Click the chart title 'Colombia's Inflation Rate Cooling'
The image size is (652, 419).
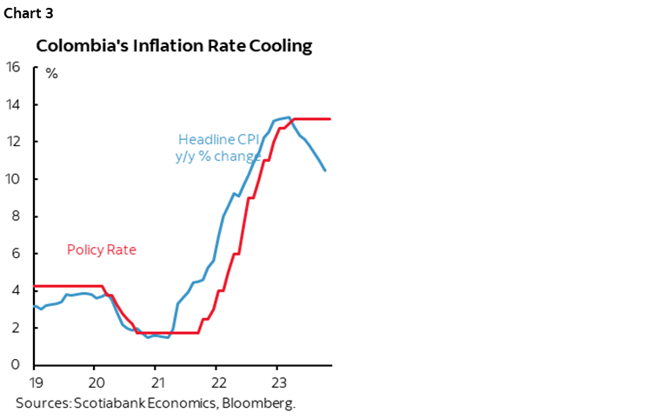[173, 46]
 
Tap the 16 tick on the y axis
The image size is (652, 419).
[13, 68]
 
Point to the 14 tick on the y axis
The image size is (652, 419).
[13, 105]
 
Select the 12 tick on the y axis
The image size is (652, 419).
[13, 142]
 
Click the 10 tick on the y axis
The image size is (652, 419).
[13, 179]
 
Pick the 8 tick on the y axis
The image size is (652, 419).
[16, 216]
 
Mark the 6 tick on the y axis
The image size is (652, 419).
[16, 254]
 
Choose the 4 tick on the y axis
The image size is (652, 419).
[16, 290]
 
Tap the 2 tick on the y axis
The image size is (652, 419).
[16, 328]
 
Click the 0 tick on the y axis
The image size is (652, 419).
[16, 365]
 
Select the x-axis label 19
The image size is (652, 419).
[34, 382]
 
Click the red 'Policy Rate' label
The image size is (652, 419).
[102, 250]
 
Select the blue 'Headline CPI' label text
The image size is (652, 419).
[219, 139]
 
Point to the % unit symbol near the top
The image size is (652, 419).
[51, 74]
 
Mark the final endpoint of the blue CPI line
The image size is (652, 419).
[325, 170]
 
